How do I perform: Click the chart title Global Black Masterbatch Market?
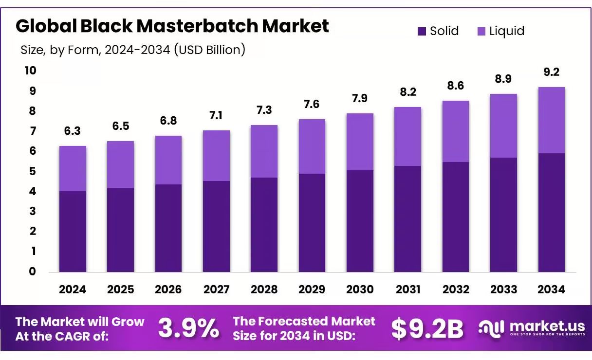tap(172, 26)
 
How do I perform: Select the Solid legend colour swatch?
tap(422, 32)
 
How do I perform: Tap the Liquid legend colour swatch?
tap(481, 32)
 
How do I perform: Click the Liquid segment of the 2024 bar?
tap(73, 168)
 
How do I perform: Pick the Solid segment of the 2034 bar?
tap(551, 213)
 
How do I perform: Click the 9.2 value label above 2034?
tap(551, 72)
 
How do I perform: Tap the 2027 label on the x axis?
tap(216, 289)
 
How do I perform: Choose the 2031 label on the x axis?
tap(407, 289)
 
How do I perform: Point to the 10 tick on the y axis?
tap(30, 71)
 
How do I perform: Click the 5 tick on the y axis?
tap(33, 171)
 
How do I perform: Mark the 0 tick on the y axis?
tap(33, 271)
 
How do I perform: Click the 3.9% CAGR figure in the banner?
tap(188, 329)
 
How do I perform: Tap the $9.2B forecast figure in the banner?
tap(427, 329)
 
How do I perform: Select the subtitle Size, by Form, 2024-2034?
tap(133, 50)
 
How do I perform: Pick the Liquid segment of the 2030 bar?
tap(360, 142)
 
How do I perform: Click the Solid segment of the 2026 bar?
tap(168, 228)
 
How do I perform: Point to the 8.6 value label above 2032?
tap(455, 86)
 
